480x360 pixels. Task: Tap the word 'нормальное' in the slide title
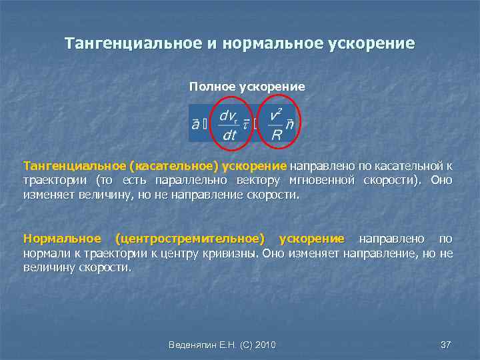(271, 44)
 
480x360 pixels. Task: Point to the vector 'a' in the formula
(195, 123)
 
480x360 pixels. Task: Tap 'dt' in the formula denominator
(229, 135)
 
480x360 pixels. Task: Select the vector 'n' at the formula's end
(289, 124)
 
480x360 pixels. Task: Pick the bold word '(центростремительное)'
(189, 239)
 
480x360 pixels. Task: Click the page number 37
(446, 345)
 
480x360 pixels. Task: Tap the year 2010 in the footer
(264, 345)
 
